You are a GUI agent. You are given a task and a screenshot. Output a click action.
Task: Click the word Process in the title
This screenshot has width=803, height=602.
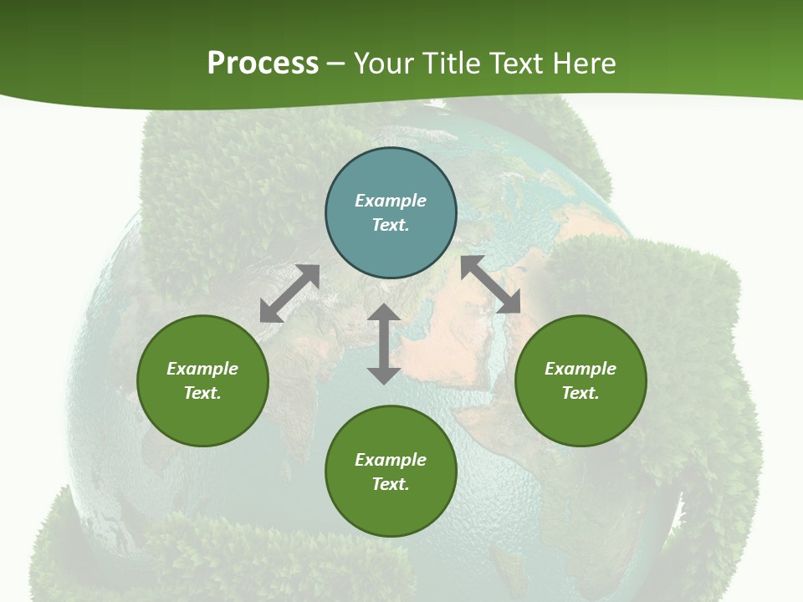263,64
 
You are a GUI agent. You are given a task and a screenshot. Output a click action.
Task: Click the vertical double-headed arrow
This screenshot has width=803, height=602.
384,344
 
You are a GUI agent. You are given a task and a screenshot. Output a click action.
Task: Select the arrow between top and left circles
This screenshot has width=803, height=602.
289,293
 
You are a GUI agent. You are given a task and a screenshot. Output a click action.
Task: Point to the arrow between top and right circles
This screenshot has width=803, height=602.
490,285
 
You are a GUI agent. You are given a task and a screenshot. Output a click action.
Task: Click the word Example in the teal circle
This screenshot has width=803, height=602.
391,201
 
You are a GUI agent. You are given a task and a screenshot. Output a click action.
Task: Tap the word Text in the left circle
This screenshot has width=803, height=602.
202,393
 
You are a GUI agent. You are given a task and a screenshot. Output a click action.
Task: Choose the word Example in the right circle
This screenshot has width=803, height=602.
581,369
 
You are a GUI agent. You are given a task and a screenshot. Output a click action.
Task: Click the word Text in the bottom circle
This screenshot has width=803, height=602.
391,484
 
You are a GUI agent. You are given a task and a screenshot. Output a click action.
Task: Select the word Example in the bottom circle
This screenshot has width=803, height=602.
391,460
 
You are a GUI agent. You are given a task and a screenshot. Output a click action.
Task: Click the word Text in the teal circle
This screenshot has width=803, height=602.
391,225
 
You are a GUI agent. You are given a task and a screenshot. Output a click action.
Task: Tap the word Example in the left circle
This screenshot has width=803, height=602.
202,369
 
